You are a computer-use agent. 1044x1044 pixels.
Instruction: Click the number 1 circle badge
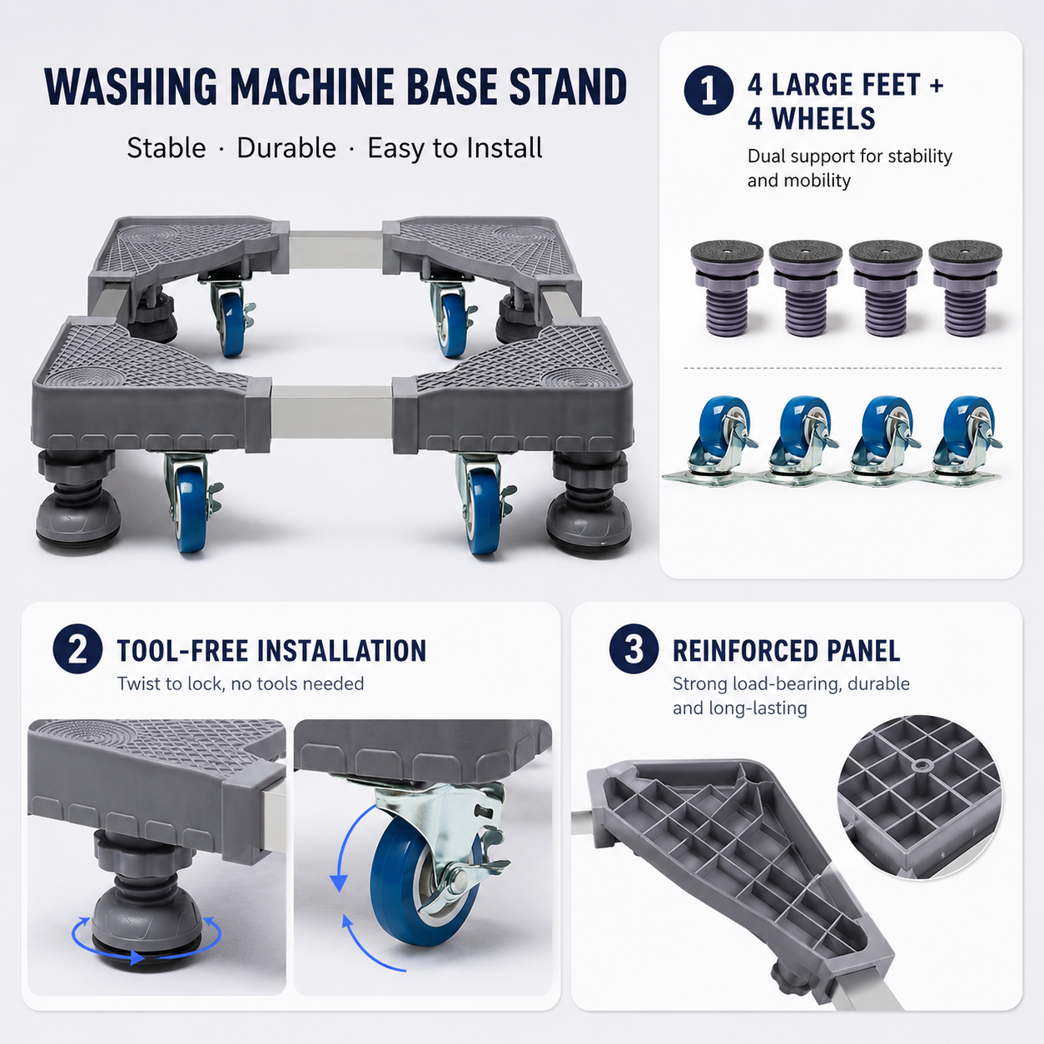coord(708,91)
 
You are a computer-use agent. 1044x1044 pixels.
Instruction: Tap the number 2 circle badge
coord(77,649)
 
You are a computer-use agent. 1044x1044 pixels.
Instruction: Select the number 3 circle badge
coord(634,649)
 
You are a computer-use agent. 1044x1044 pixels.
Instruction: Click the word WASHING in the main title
coord(131,87)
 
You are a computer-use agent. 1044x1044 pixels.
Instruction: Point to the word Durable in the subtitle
coord(286,148)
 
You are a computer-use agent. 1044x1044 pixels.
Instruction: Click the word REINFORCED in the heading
coord(739,651)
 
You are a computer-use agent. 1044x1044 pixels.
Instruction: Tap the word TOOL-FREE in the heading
coord(182,651)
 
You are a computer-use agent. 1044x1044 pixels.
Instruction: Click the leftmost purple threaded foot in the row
coord(727,289)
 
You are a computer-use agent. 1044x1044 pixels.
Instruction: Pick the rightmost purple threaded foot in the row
coord(966,289)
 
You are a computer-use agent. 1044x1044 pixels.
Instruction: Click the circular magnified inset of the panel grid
coord(919,797)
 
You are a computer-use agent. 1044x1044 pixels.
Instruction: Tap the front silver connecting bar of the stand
coord(331,414)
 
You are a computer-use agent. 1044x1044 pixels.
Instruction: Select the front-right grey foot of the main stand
coord(589,501)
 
